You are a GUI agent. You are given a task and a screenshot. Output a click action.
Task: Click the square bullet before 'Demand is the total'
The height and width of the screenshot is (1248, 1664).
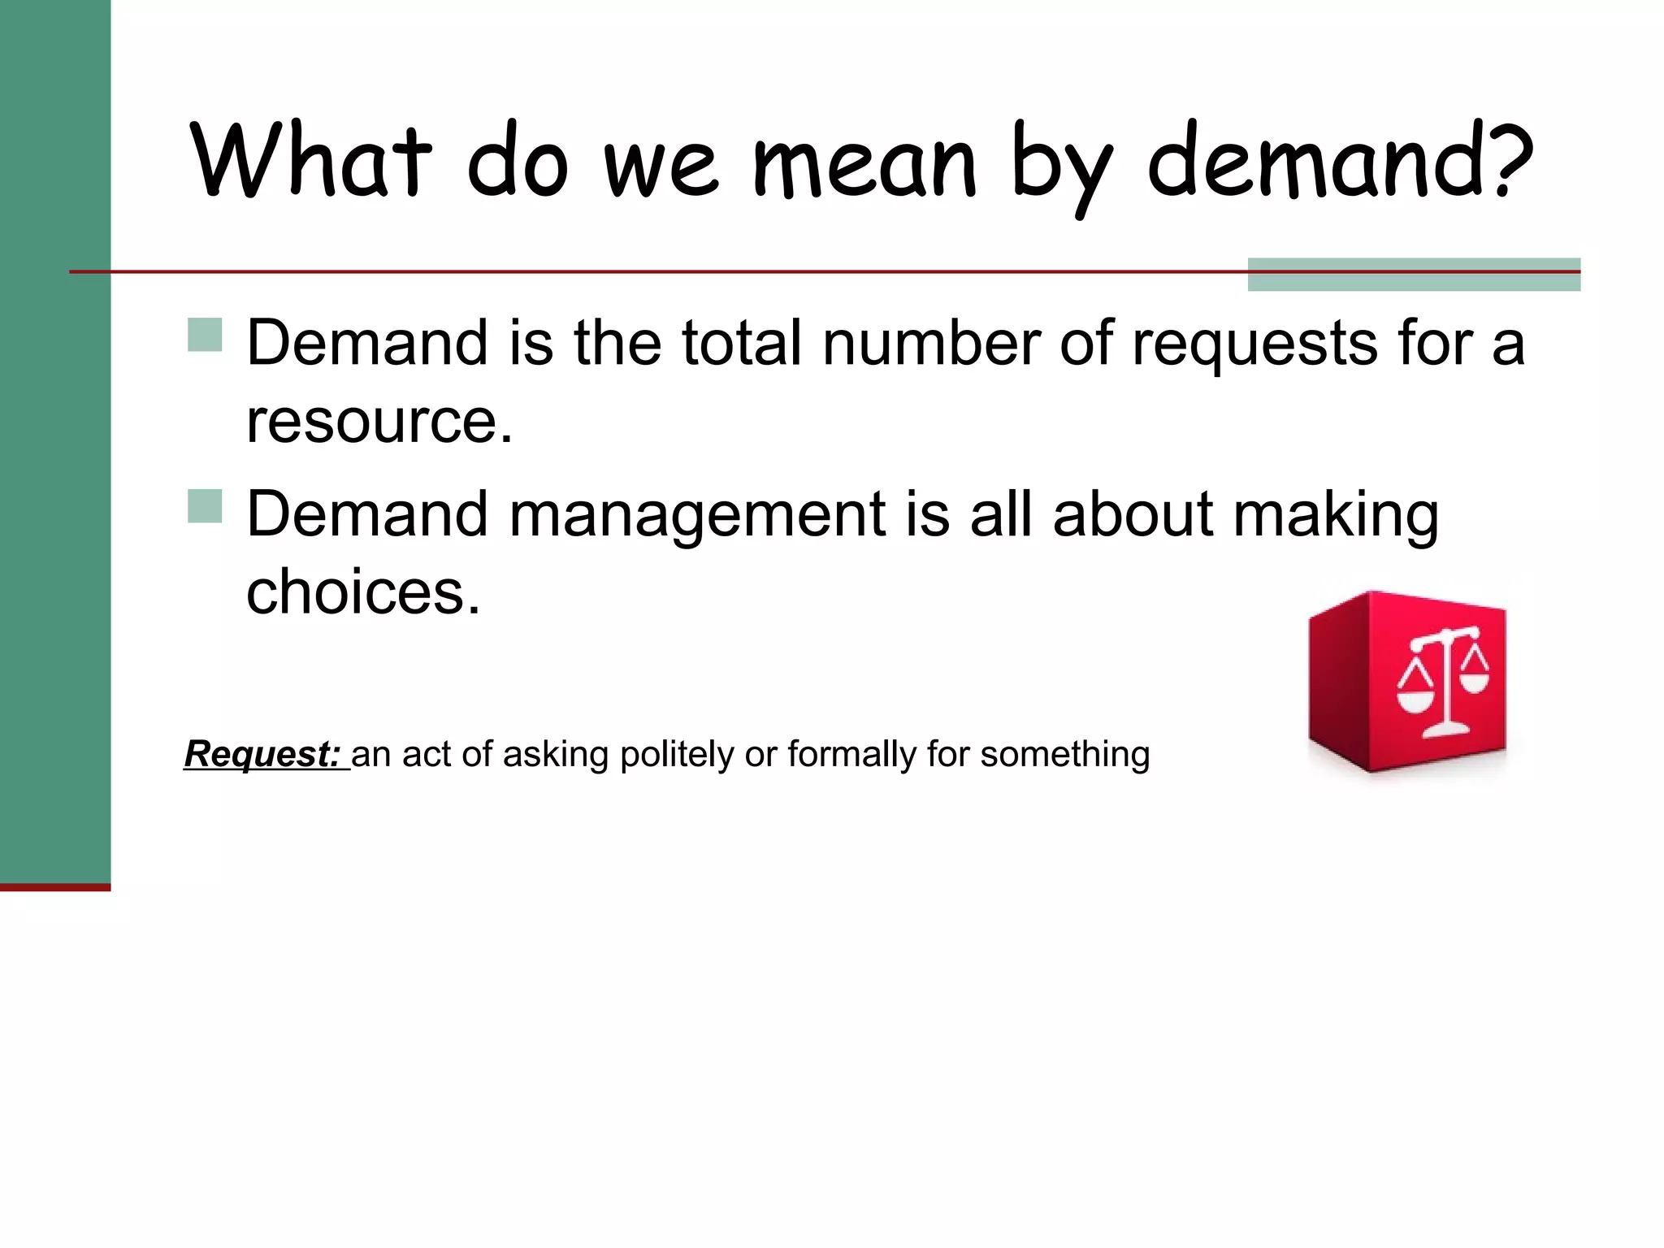205,334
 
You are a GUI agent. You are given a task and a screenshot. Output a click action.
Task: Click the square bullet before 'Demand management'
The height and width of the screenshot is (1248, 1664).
205,505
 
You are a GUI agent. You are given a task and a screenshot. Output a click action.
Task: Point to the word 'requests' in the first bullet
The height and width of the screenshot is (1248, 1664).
1254,344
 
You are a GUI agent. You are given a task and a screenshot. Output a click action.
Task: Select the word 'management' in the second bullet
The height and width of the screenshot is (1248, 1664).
696,517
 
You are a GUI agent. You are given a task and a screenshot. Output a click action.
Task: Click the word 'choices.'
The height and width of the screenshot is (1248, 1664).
363,592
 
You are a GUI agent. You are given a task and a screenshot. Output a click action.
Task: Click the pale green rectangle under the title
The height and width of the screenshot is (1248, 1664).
1414,275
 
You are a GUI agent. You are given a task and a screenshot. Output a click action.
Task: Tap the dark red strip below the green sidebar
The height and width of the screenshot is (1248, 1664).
54,887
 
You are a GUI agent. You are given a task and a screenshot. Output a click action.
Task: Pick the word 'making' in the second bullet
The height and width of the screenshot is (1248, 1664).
1336,517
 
